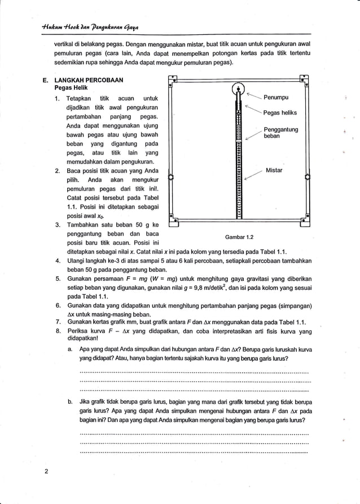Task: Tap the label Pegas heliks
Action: click(x=280, y=113)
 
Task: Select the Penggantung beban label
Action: click(x=281, y=133)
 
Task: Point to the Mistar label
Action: click(x=274, y=170)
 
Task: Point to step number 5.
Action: click(x=58, y=279)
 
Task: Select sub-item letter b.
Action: click(x=69, y=402)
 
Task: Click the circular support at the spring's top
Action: click(x=239, y=89)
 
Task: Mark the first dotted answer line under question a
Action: click(x=194, y=373)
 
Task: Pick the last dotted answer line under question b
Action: click(x=194, y=451)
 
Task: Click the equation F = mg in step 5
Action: click(x=123, y=279)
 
